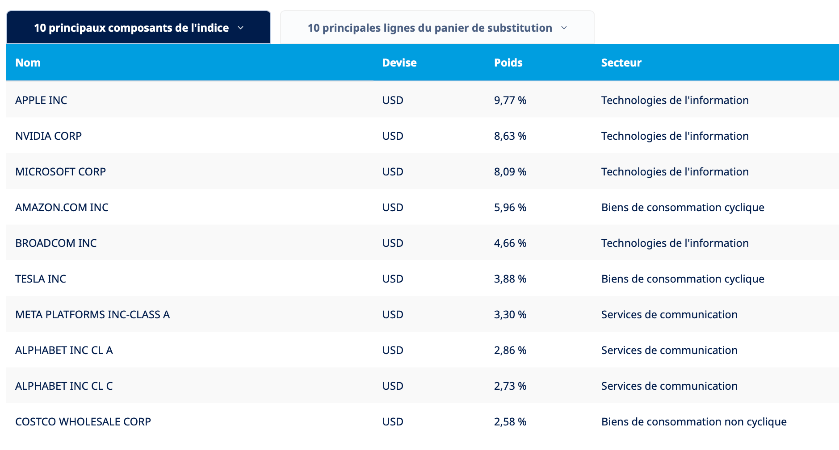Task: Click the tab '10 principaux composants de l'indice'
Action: tap(138, 28)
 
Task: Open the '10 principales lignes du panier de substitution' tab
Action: tap(437, 28)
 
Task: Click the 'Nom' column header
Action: tap(28, 63)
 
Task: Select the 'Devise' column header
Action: tap(399, 63)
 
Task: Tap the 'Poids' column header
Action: tap(508, 63)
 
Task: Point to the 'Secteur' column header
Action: tap(621, 63)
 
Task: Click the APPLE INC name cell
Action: tap(41, 100)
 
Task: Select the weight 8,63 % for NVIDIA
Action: tap(510, 136)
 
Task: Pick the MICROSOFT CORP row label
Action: tap(60, 172)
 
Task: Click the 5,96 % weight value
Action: tap(510, 208)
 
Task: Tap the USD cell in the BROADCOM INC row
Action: tap(393, 243)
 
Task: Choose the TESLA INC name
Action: tap(41, 279)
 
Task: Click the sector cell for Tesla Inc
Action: tap(683, 279)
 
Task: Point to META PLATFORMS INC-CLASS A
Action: tap(92, 315)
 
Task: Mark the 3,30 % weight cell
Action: tap(510, 315)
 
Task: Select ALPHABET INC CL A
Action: tap(64, 350)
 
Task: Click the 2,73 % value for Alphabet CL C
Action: tap(510, 386)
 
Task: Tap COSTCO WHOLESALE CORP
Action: tap(83, 422)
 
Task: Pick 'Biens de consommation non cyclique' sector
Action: tap(694, 422)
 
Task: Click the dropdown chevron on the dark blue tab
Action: tap(240, 28)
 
